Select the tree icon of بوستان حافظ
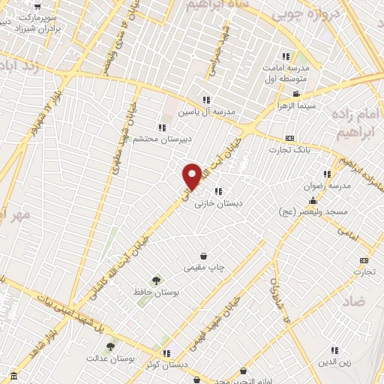click(x=156, y=280)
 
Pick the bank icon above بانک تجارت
click(x=290, y=138)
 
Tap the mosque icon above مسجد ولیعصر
click(x=313, y=201)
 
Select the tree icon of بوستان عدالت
click(x=111, y=346)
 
